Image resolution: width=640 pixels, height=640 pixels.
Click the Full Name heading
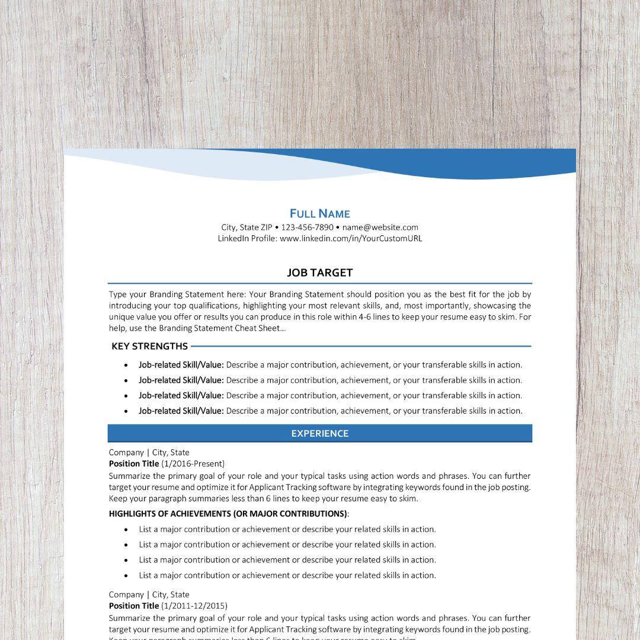tap(319, 213)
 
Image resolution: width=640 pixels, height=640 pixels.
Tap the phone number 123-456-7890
tap(307, 227)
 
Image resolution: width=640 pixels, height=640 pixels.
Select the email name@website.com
tap(380, 227)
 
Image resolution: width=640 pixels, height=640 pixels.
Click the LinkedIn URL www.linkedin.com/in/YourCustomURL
tap(351, 238)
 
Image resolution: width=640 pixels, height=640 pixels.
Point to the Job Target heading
tap(319, 273)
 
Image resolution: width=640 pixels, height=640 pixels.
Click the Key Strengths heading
tap(149, 346)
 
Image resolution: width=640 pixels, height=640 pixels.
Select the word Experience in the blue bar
tap(319, 433)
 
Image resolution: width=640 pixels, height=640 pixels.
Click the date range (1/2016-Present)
tap(193, 463)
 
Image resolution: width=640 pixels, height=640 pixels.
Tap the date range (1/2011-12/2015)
tap(194, 606)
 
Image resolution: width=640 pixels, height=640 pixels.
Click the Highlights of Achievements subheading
tap(228, 513)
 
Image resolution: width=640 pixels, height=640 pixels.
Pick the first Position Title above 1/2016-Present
tap(134, 463)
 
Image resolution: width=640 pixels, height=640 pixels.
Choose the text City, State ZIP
tap(247, 227)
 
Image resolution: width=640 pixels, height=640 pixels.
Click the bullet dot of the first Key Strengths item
tap(126, 365)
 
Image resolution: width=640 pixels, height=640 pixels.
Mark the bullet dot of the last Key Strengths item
tap(126, 411)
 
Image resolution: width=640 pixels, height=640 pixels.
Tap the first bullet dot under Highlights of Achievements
tap(126, 530)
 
